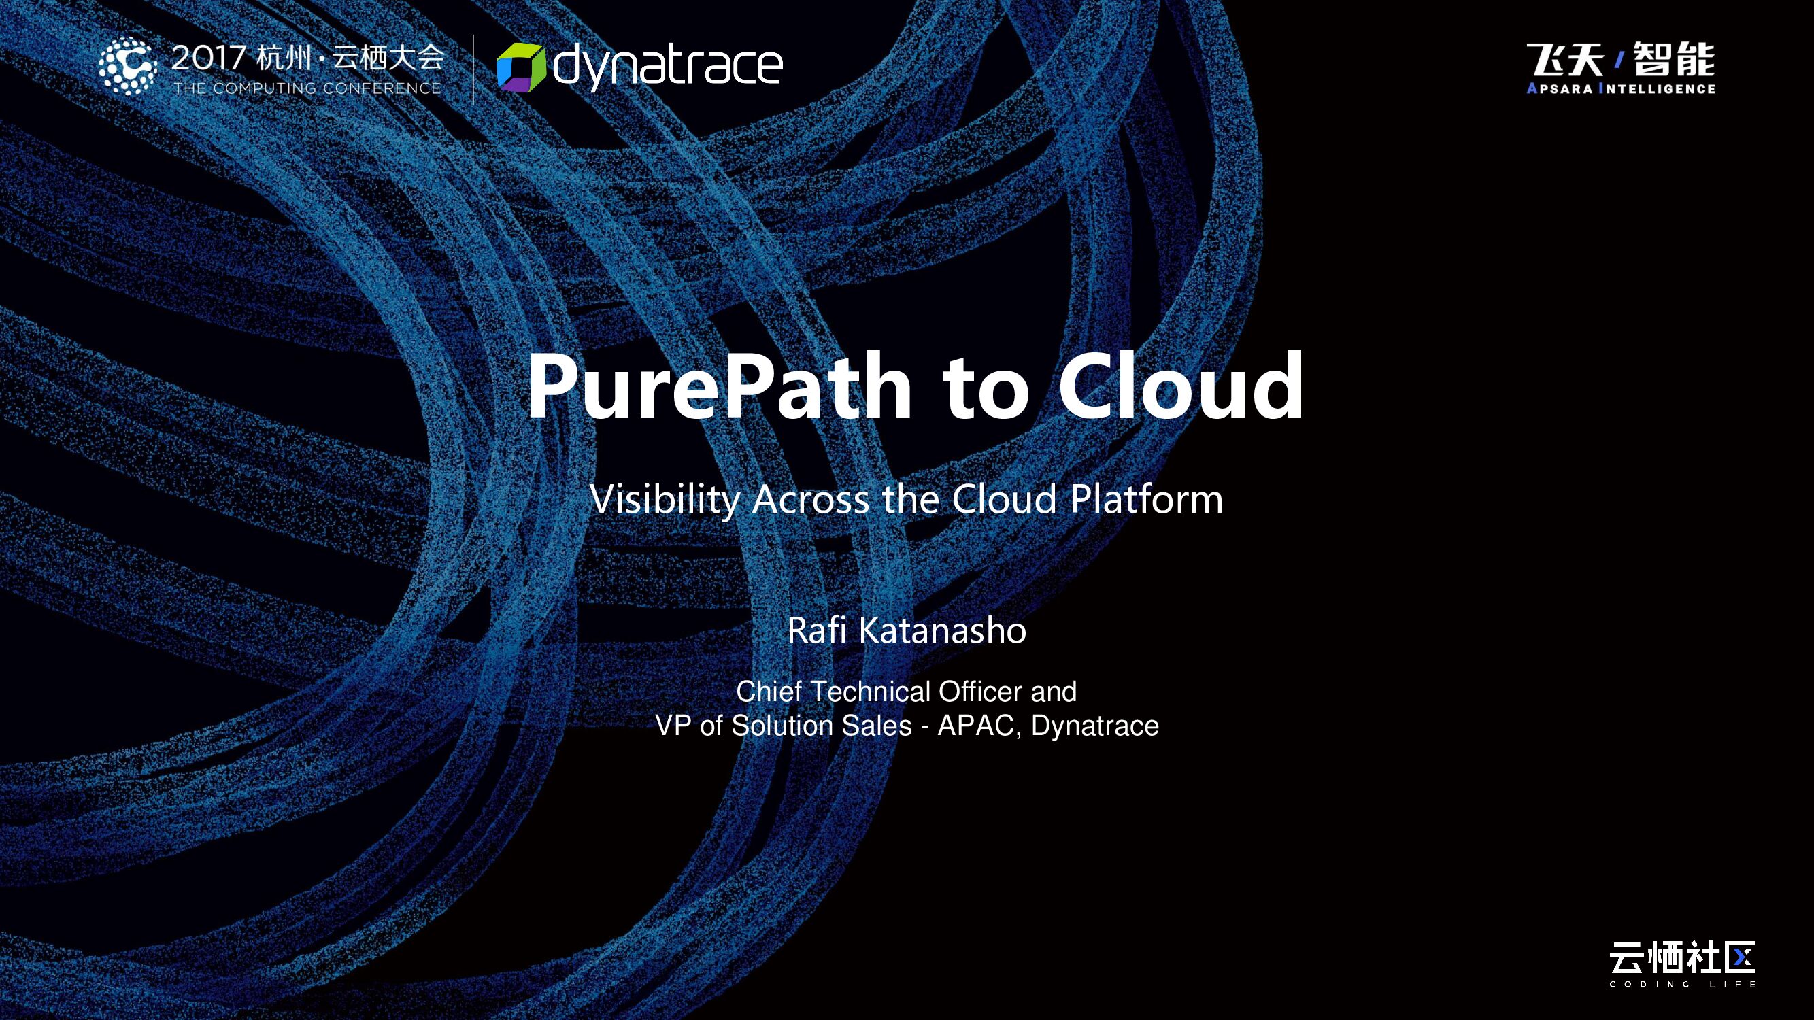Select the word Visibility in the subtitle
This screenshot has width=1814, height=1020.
(x=665, y=499)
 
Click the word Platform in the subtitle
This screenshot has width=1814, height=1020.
(x=1147, y=499)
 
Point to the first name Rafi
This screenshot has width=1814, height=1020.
(x=816, y=630)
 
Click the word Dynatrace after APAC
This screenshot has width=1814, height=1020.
(x=1094, y=725)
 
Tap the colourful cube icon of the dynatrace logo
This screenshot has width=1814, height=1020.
(x=521, y=67)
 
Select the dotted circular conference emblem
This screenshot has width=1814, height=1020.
(x=127, y=66)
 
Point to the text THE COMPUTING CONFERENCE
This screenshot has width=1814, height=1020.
(x=307, y=88)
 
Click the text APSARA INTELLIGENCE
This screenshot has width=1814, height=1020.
(x=1621, y=88)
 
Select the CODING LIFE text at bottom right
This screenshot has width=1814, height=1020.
(x=1682, y=984)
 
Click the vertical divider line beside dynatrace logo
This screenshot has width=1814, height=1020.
(x=473, y=68)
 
